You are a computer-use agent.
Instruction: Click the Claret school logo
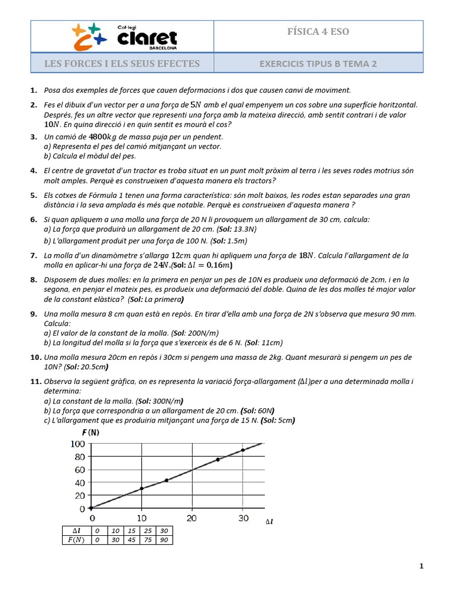tap(125, 36)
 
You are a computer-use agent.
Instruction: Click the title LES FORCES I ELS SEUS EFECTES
tap(122, 64)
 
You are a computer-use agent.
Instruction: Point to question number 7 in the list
tap(34, 255)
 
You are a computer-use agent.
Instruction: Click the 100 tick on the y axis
tap(77, 444)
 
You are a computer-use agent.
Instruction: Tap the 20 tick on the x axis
tap(192, 518)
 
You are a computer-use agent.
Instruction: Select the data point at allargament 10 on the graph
tap(141, 488)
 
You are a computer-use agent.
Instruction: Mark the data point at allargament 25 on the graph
tap(218, 460)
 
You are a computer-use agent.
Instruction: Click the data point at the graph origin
tap(90, 508)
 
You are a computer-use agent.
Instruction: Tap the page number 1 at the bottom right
tap(421, 566)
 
